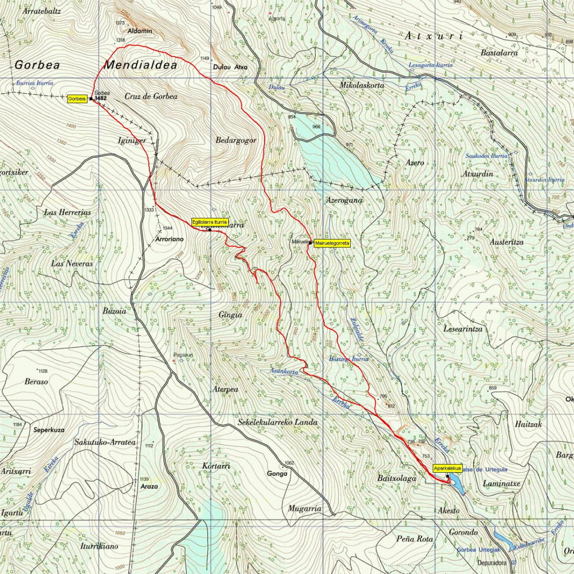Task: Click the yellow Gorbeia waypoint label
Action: (x=77, y=99)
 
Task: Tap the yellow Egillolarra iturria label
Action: (x=209, y=222)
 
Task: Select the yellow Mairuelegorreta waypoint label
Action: (x=332, y=243)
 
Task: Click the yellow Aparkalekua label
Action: (x=447, y=468)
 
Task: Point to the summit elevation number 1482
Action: (x=101, y=98)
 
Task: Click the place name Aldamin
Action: (x=140, y=31)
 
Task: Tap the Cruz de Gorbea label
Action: (x=151, y=97)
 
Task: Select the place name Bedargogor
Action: (x=236, y=141)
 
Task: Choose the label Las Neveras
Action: (x=72, y=264)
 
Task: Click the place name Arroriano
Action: (x=169, y=238)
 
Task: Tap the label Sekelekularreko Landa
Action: (x=277, y=423)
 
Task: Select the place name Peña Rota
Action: (x=415, y=539)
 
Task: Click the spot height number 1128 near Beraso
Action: (x=43, y=371)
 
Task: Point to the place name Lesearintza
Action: (x=463, y=330)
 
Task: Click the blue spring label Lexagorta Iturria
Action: (x=430, y=65)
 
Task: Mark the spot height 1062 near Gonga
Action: (x=289, y=463)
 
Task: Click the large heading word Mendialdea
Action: (x=141, y=65)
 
